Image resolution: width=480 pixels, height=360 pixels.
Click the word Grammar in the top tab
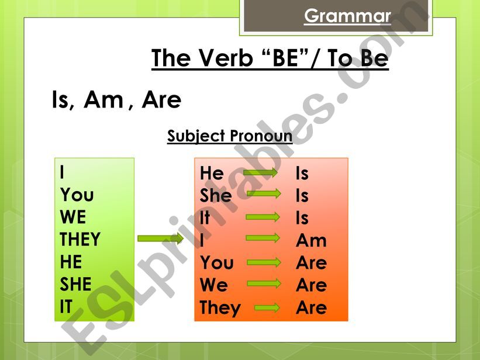(x=347, y=16)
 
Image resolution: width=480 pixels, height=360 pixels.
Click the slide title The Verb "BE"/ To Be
(x=270, y=59)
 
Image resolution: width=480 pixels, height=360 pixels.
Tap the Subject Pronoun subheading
(x=230, y=136)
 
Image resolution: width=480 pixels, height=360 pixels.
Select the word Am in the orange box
(x=311, y=240)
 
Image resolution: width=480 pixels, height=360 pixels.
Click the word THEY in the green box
(x=80, y=240)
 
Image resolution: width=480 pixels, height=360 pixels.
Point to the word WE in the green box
(x=73, y=217)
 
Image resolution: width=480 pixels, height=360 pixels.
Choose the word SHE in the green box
(x=76, y=285)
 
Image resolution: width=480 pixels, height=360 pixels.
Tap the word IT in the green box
(x=66, y=307)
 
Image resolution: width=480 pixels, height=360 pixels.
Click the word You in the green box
(x=77, y=195)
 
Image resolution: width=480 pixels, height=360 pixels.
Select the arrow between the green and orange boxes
(x=160, y=238)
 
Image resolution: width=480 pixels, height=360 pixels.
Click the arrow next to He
(x=261, y=172)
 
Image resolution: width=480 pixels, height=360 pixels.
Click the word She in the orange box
(x=216, y=195)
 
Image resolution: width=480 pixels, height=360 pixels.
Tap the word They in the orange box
(x=220, y=307)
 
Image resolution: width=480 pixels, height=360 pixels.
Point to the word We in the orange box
(x=214, y=285)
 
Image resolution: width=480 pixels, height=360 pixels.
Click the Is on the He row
(x=302, y=173)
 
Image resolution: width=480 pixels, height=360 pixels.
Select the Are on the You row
(x=311, y=263)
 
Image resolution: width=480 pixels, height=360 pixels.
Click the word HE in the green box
(x=71, y=262)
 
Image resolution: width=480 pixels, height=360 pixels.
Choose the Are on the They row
(x=311, y=307)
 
